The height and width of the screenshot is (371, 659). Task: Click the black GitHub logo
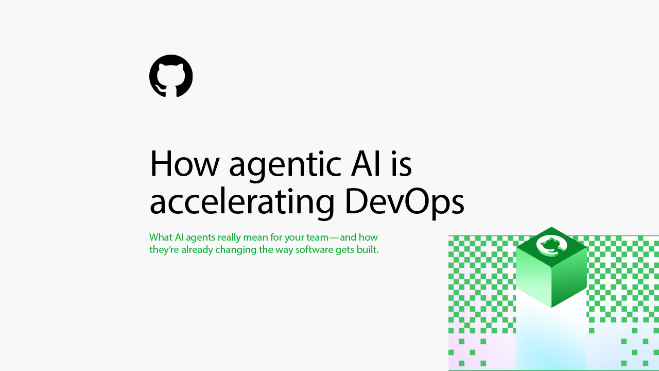[171, 76]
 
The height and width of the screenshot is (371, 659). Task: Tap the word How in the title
[185, 164]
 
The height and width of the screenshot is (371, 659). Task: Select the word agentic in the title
[285, 166]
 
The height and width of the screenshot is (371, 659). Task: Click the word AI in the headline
[366, 164]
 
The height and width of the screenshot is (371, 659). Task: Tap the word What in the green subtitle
[161, 237]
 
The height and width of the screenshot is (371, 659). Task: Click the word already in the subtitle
[197, 250]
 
